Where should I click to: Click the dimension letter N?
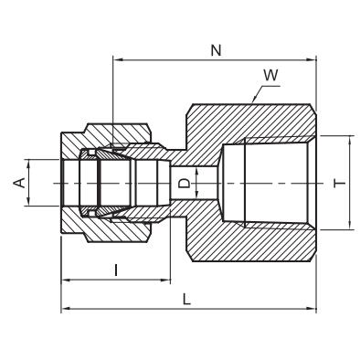pos(216,50)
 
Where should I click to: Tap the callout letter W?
pos(270,75)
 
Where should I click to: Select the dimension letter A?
pos(19,183)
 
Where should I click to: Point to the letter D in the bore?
pos(184,183)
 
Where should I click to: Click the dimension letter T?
pos(340,184)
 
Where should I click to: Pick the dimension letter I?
pos(116,270)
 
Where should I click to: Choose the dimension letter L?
pos(186,300)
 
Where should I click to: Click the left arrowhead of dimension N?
pos(117,60)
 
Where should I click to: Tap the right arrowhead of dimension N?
pos(312,60)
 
